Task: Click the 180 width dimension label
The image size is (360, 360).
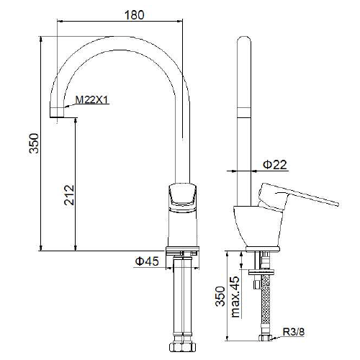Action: pyautogui.click(x=135, y=15)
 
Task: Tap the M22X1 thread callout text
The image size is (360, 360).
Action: pyautogui.click(x=92, y=99)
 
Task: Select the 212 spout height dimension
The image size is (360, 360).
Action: pyautogui.click(x=69, y=194)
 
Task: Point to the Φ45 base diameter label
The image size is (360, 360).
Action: pyautogui.click(x=147, y=261)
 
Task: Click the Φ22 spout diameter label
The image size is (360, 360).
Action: pyautogui.click(x=275, y=165)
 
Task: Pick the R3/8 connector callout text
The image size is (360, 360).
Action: pyautogui.click(x=294, y=332)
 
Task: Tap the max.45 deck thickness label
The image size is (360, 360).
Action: pyautogui.click(x=235, y=297)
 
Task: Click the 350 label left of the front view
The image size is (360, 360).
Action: pyautogui.click(x=34, y=143)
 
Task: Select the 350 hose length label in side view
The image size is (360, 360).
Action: pyautogui.click(x=220, y=296)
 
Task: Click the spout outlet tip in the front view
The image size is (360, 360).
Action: pyautogui.click(x=57, y=117)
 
